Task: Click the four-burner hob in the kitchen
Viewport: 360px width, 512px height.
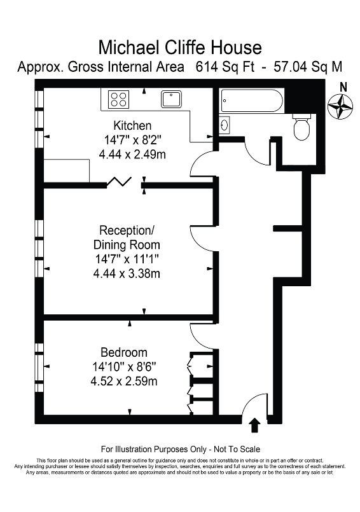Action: (118, 99)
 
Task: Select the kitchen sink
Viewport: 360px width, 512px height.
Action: (172, 99)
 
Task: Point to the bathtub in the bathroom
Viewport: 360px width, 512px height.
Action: (251, 101)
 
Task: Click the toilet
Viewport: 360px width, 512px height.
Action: (301, 128)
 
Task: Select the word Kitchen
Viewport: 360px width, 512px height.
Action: (132, 125)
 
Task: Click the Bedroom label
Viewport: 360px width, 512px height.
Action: (123, 352)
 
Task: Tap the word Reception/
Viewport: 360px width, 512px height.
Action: (127, 230)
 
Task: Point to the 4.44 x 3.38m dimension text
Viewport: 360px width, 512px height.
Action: (127, 274)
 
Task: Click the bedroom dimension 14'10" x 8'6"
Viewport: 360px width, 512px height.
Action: (123, 367)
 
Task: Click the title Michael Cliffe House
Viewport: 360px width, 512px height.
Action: (180, 46)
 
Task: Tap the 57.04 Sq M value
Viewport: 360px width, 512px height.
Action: (308, 66)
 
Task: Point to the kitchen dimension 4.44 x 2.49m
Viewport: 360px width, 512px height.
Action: (132, 153)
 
